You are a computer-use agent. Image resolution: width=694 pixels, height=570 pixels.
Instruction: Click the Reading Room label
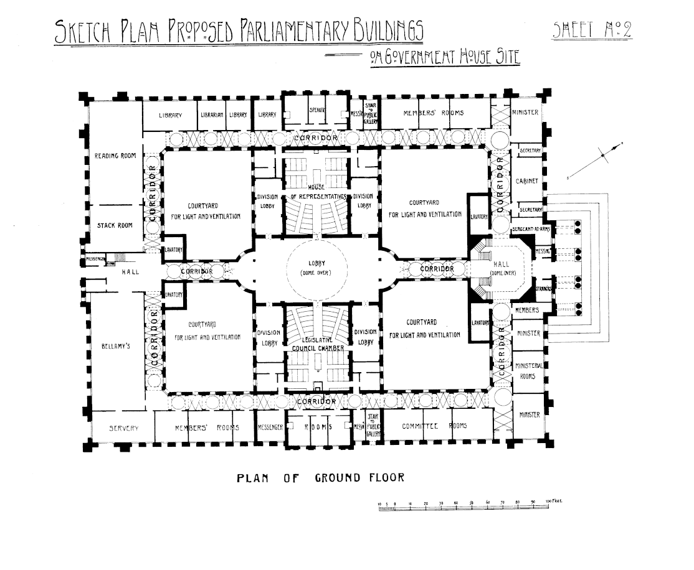[x=114, y=156]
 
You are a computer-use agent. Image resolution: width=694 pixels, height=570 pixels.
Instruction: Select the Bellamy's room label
[x=115, y=346]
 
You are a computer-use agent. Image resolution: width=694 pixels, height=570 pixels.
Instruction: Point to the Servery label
[x=123, y=428]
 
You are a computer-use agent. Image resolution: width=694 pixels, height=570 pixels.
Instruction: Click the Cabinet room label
[x=526, y=181]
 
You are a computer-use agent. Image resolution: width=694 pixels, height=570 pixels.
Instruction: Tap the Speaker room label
[x=314, y=110]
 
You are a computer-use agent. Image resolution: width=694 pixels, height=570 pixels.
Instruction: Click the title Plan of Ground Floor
[x=320, y=478]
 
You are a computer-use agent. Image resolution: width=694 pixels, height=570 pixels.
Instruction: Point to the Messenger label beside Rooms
[x=270, y=427]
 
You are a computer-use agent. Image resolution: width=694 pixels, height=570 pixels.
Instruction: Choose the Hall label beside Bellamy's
[x=130, y=273]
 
